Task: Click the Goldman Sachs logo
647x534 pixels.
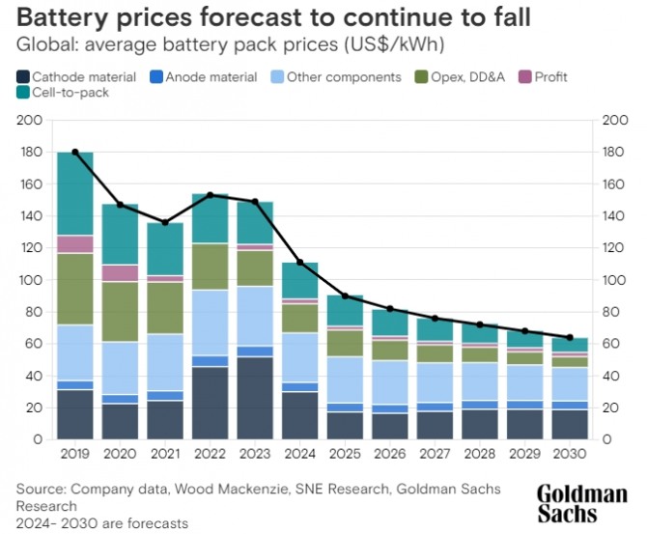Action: tap(581, 503)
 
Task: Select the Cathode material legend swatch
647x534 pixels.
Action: tap(22, 76)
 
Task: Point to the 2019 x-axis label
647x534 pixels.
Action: tap(75, 453)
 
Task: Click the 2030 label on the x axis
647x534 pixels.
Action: tap(570, 453)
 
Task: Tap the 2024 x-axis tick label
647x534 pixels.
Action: tap(300, 453)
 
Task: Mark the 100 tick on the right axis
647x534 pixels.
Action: tap(614, 280)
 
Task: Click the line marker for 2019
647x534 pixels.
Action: tap(75, 153)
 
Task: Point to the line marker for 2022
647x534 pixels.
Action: tap(211, 195)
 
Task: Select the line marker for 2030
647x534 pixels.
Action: tap(570, 338)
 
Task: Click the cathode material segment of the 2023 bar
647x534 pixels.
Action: tap(255, 398)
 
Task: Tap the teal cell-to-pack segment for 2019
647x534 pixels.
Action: tap(75, 194)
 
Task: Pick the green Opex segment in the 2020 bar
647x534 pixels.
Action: tap(121, 312)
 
